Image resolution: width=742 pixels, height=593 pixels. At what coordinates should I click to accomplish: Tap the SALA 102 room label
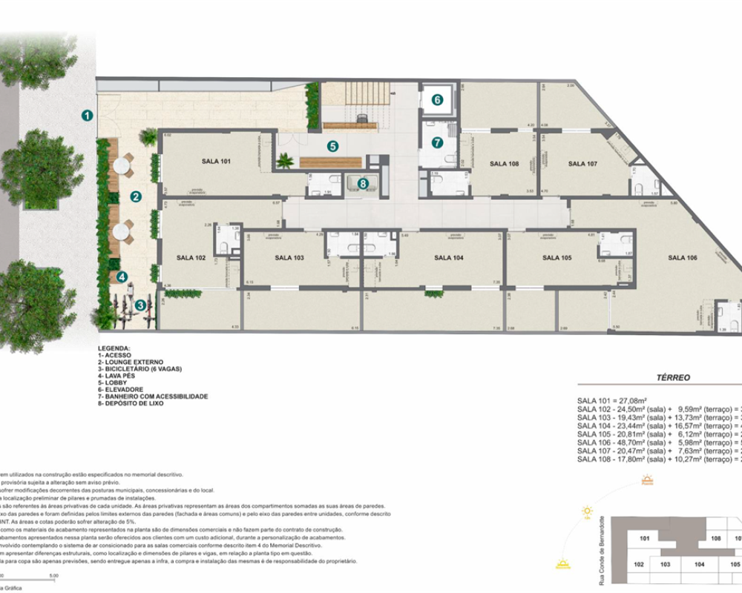[x=191, y=258]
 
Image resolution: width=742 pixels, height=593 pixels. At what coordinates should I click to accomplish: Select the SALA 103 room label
[x=289, y=258]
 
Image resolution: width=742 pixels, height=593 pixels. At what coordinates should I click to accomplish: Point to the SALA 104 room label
[x=448, y=258]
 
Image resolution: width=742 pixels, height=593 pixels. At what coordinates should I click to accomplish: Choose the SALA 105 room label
[x=556, y=258]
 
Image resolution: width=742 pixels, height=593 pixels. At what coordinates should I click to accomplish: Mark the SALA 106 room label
[x=682, y=258]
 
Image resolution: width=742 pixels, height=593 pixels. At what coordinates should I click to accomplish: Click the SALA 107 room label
[x=582, y=163]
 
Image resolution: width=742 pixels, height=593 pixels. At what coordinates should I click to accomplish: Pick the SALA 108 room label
[x=504, y=163]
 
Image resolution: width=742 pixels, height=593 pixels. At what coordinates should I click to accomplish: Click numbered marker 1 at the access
[x=87, y=115]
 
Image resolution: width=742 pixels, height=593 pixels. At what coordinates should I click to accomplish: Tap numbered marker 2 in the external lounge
[x=136, y=196]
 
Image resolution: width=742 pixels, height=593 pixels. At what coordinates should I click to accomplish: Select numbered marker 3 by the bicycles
[x=140, y=305]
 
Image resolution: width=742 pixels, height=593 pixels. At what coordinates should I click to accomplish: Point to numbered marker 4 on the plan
[x=122, y=276]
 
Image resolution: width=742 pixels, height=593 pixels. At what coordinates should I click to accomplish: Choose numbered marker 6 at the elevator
[x=438, y=99]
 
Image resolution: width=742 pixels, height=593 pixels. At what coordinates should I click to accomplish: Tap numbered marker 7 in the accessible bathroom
[x=437, y=142]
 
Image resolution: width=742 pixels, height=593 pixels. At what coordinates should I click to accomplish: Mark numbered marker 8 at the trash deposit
[x=363, y=182]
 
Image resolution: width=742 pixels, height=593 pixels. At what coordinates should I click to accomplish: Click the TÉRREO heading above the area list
[x=673, y=377]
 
